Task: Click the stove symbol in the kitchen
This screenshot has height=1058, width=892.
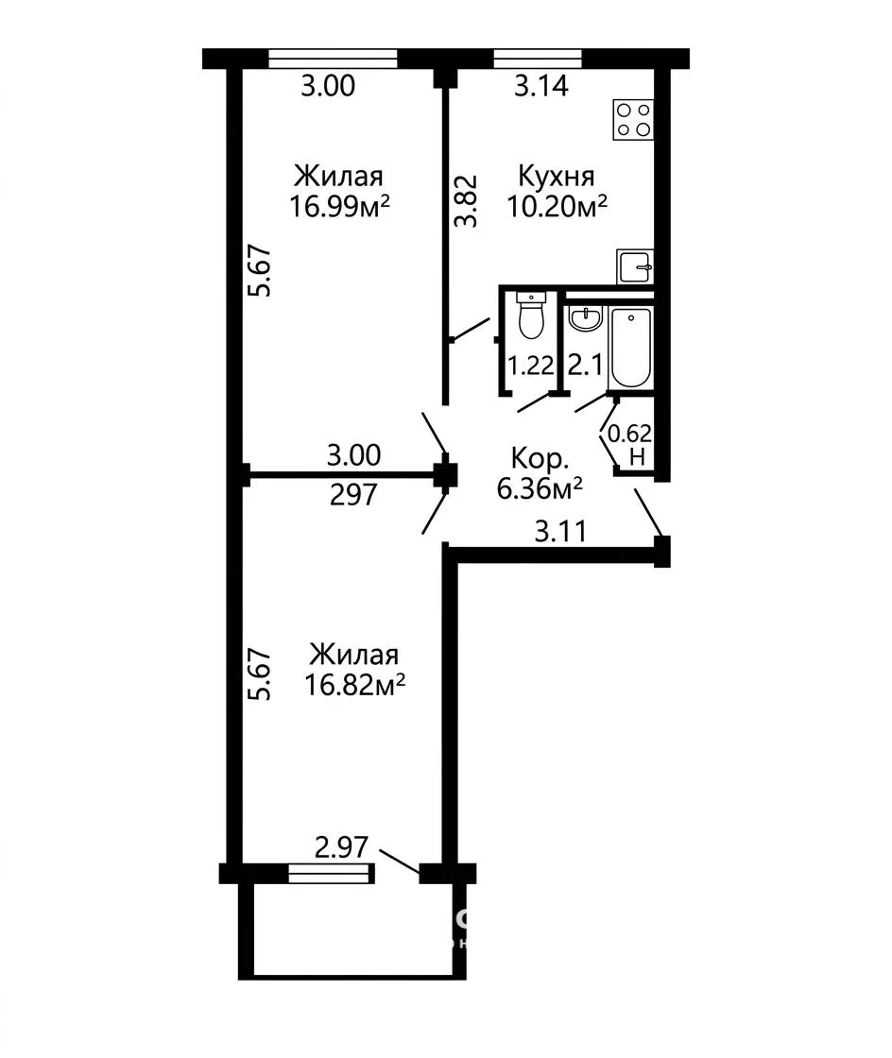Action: click(633, 119)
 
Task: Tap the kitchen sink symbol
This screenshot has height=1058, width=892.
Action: click(635, 266)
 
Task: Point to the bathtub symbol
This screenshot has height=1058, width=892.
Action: click(630, 349)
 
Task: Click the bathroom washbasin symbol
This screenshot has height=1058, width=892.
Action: click(585, 319)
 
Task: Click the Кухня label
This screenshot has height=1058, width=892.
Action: click(557, 176)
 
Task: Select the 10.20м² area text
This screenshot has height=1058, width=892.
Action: click(557, 206)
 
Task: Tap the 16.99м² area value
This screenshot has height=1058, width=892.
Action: click(340, 206)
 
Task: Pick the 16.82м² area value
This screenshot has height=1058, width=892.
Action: click(355, 685)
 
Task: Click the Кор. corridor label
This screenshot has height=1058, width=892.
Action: click(540, 459)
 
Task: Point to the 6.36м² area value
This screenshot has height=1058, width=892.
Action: click(540, 488)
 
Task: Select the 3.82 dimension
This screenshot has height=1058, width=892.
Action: click(466, 201)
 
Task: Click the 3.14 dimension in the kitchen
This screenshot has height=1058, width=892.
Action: click(541, 86)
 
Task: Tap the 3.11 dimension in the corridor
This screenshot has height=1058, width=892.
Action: click(560, 532)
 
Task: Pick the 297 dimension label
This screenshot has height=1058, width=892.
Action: click(353, 496)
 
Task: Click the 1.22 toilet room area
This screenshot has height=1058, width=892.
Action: click(530, 366)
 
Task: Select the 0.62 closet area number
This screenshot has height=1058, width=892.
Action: click(630, 433)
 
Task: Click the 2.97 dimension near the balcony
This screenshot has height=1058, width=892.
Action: click(342, 847)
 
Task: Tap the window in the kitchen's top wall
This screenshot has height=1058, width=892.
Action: click(538, 59)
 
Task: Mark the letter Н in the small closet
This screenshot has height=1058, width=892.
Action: click(638, 457)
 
